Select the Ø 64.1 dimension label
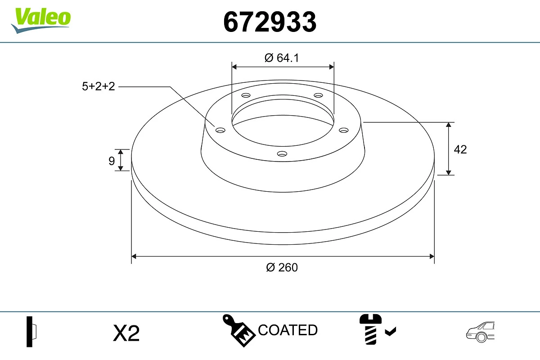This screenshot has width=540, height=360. click(x=282, y=58)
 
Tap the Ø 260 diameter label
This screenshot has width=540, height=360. click(x=282, y=267)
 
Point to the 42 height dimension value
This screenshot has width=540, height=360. click(x=460, y=149)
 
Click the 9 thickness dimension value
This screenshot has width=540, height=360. click(x=112, y=161)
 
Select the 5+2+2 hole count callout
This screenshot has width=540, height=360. click(x=99, y=86)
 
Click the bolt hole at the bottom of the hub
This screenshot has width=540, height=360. click(x=282, y=154)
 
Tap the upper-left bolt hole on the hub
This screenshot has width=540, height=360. click(x=246, y=95)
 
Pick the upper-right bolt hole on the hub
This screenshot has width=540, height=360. click(x=319, y=95)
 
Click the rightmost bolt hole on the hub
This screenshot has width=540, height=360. click(x=344, y=130)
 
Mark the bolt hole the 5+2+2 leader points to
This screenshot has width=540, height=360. click(x=220, y=130)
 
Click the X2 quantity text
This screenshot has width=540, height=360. click(x=126, y=333)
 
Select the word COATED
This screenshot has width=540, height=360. click(x=288, y=330)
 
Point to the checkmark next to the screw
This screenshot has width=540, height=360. click(x=391, y=332)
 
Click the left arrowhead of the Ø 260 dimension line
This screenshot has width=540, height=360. click(x=134, y=256)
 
